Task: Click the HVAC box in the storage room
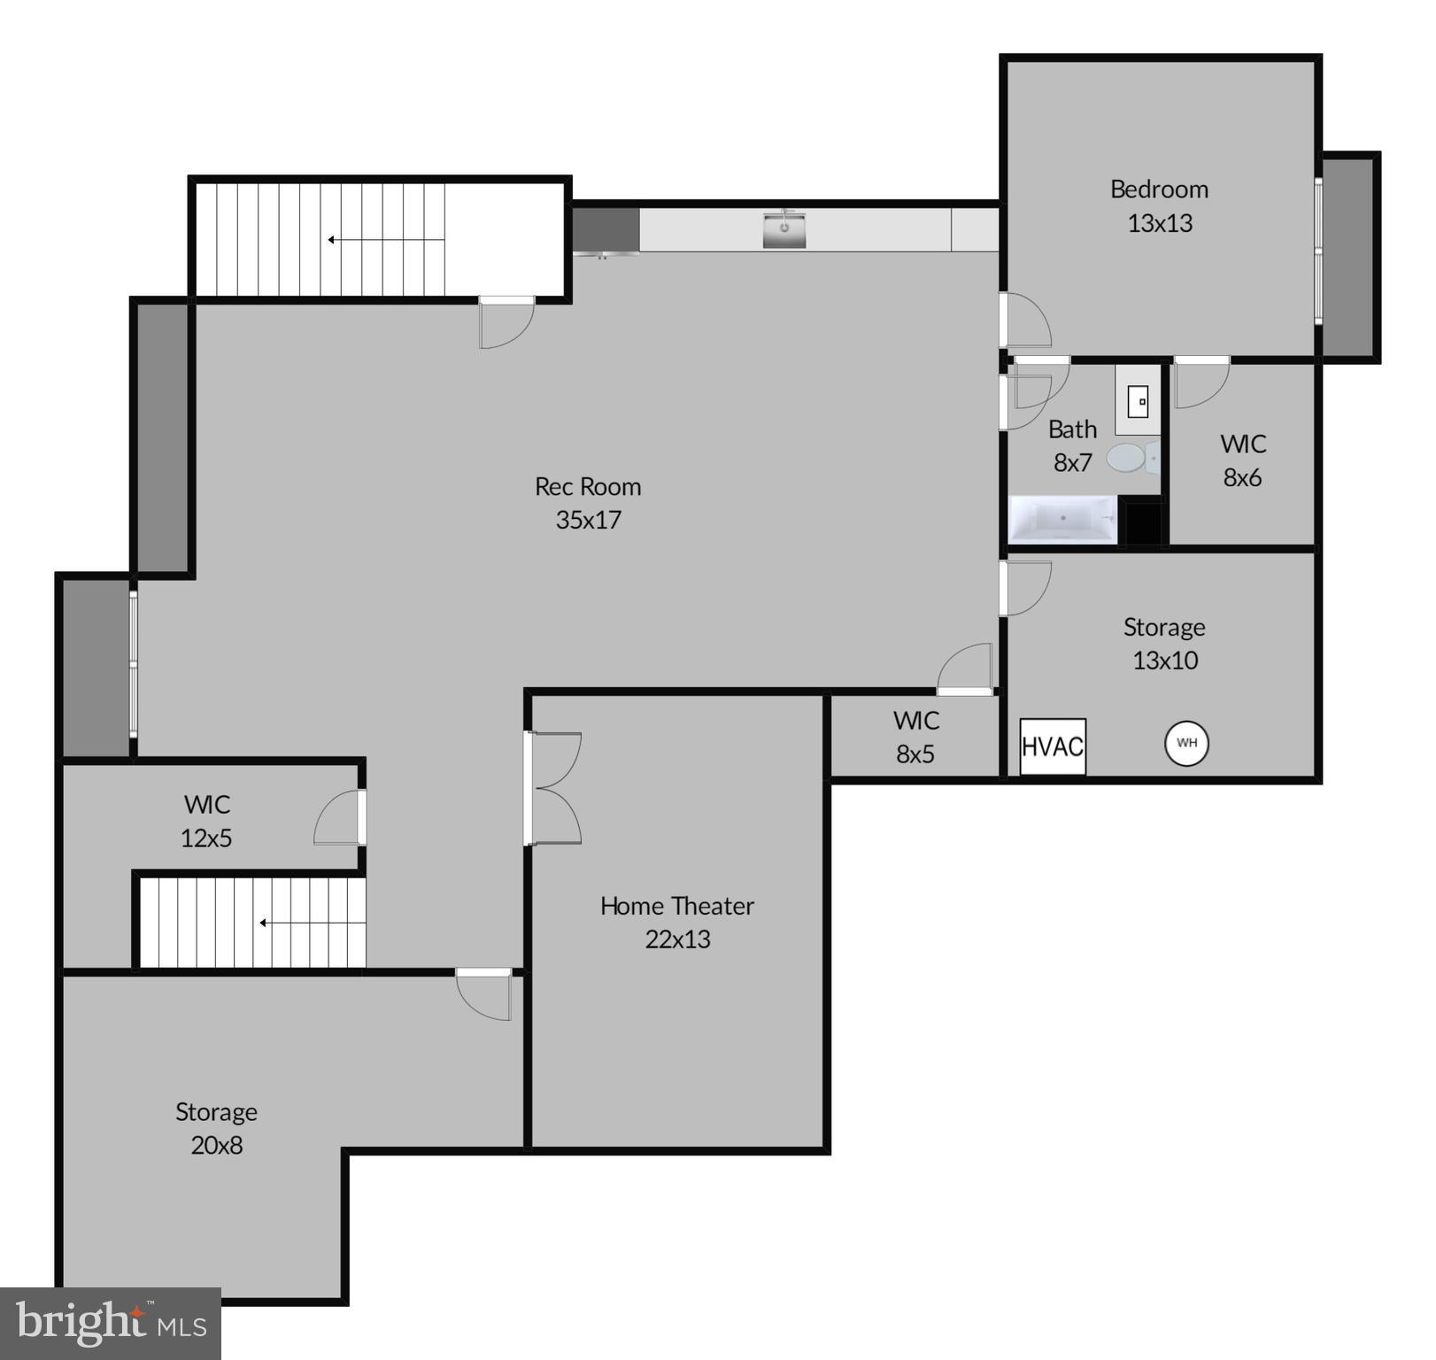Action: (1052, 746)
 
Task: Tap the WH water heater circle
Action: (1186, 743)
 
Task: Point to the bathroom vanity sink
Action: (1138, 403)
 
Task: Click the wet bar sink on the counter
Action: (784, 229)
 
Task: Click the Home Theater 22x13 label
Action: (677, 922)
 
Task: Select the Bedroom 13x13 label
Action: (1159, 205)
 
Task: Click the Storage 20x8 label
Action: (216, 1128)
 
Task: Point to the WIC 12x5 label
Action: (206, 821)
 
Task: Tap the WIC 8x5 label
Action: (915, 737)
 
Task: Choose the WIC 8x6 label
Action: (1242, 460)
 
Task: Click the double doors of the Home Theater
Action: (552, 788)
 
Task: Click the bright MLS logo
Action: (110, 1323)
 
